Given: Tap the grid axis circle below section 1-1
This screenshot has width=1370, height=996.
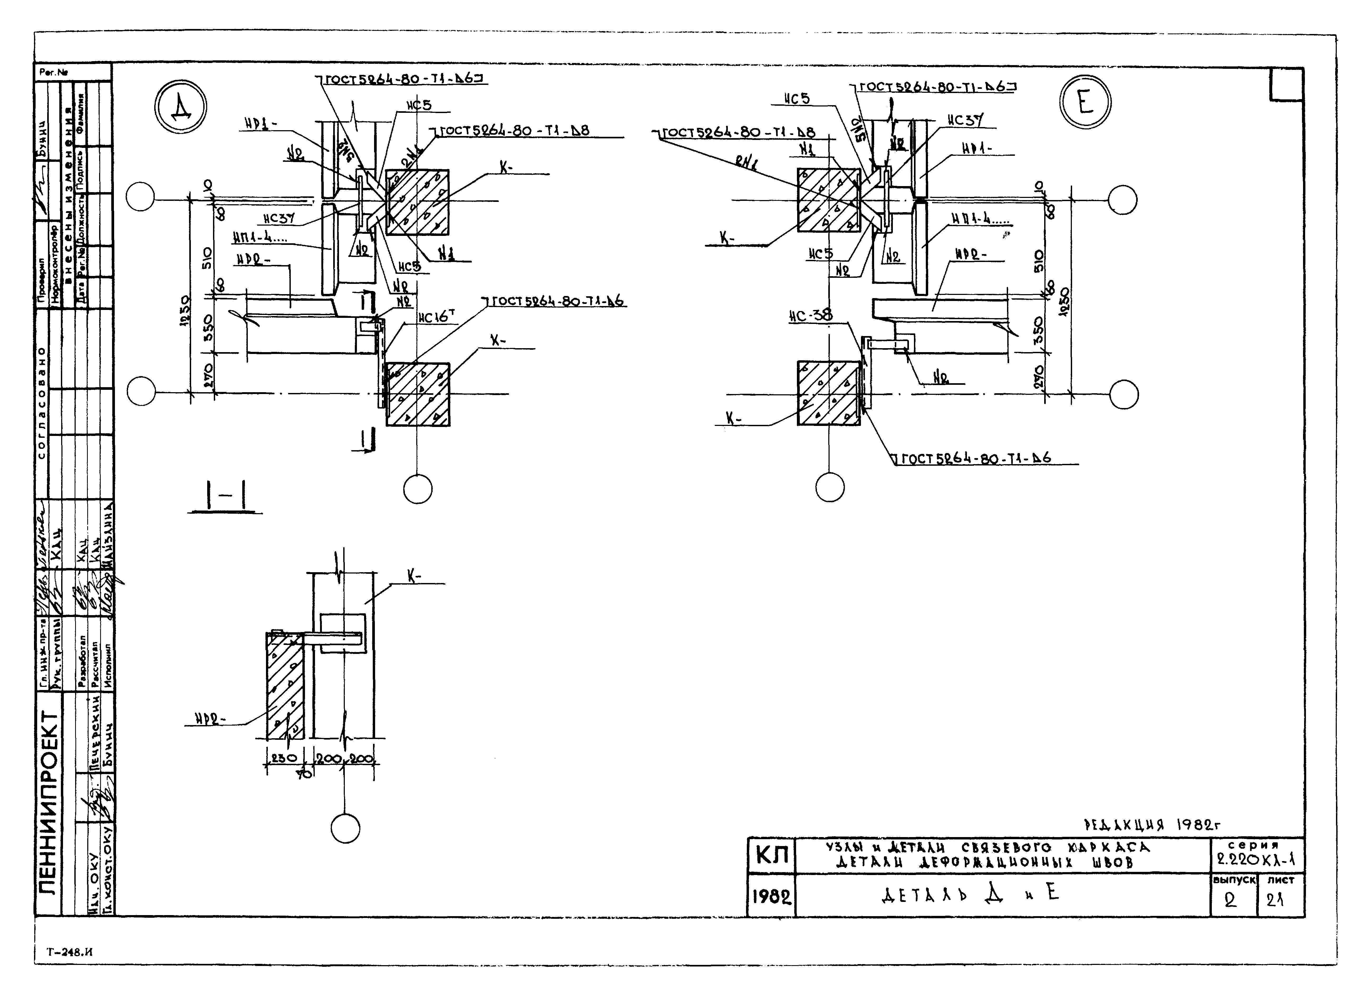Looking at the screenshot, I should (346, 828).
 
